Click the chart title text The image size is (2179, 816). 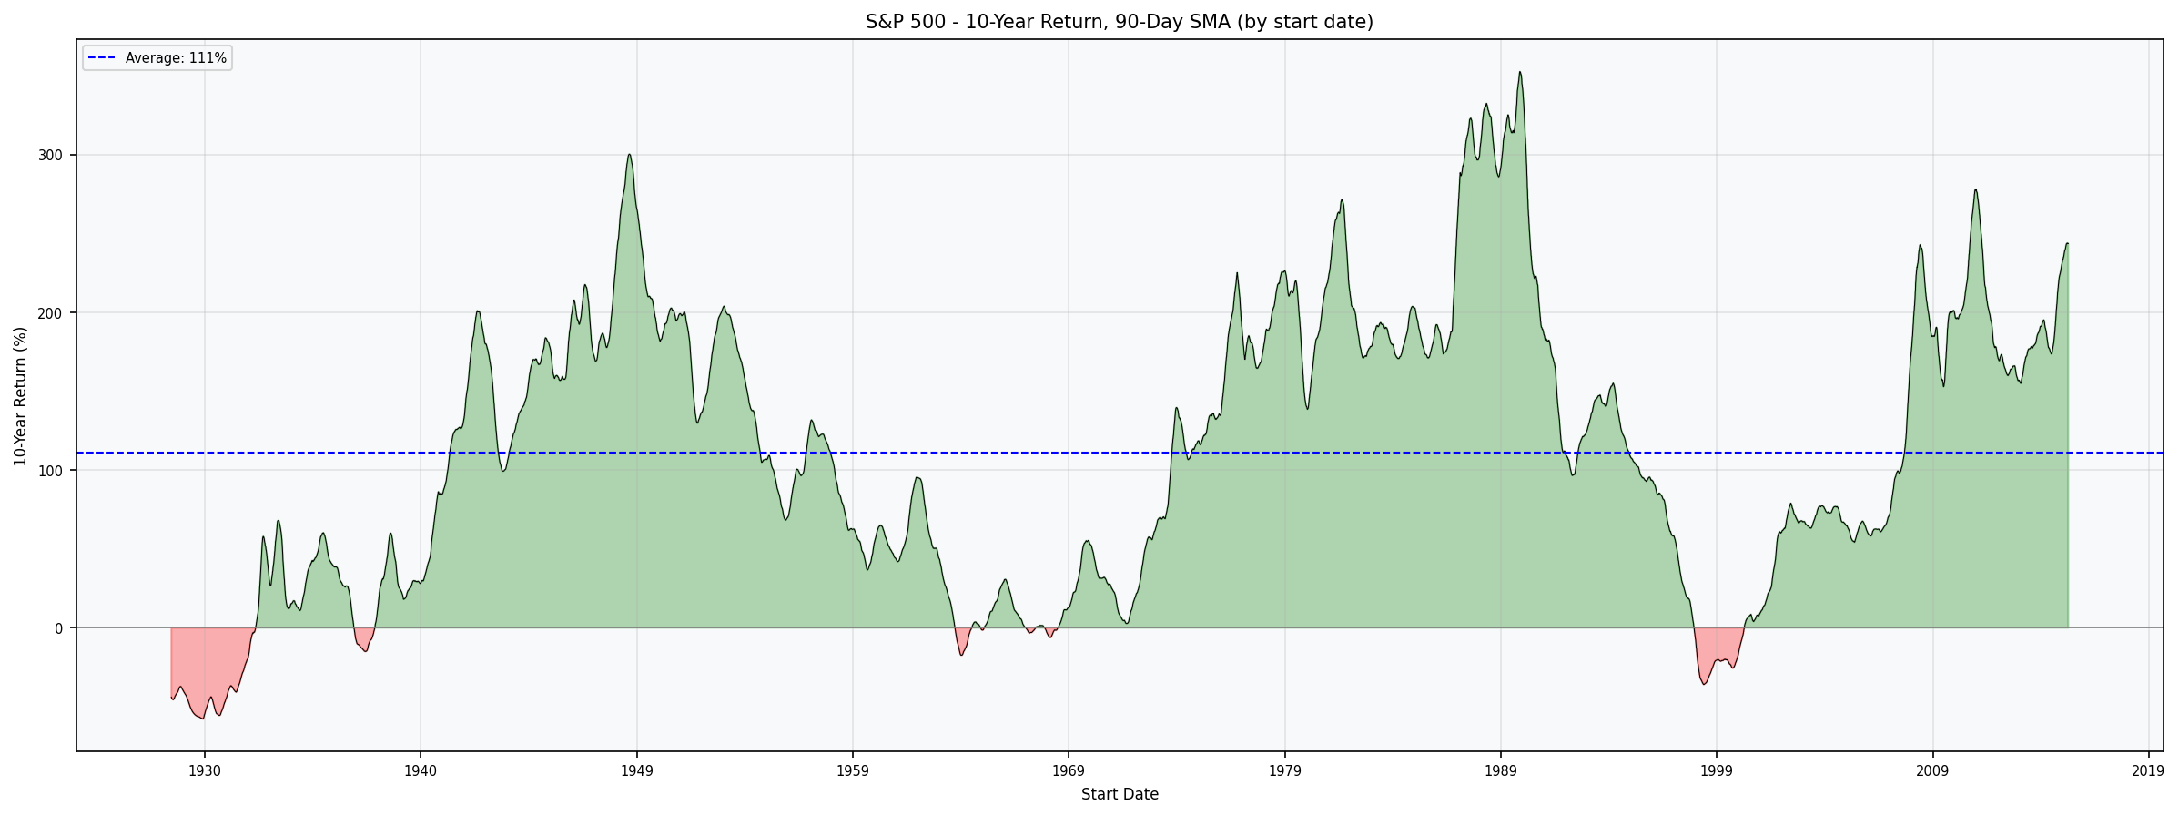pyautogui.click(x=1119, y=22)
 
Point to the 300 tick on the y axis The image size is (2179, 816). pyautogui.click(x=50, y=156)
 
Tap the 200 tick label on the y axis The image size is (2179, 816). pyautogui.click(x=50, y=313)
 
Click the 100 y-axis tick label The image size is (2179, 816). pyautogui.click(x=50, y=471)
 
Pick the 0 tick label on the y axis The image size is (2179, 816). pyautogui.click(x=58, y=628)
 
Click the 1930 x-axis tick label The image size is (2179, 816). pyautogui.click(x=204, y=771)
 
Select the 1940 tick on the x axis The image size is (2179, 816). pyautogui.click(x=420, y=771)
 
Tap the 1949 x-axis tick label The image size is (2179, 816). pyautogui.click(x=636, y=771)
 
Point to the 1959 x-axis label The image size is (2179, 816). pyautogui.click(x=852, y=771)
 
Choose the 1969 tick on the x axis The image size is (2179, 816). pyautogui.click(x=1069, y=771)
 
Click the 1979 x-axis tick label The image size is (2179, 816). pyautogui.click(x=1284, y=771)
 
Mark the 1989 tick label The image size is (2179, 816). pyautogui.click(x=1500, y=771)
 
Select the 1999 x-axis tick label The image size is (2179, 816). pyautogui.click(x=1717, y=771)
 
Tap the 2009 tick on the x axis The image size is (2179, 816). pyautogui.click(x=1932, y=771)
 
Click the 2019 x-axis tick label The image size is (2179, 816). pyautogui.click(x=2148, y=771)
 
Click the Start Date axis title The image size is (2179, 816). pyautogui.click(x=1119, y=795)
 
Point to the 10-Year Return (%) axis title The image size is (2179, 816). pyautogui.click(x=20, y=396)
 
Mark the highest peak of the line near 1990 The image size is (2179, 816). pyautogui.click(x=1519, y=72)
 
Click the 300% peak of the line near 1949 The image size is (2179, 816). pyautogui.click(x=629, y=154)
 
